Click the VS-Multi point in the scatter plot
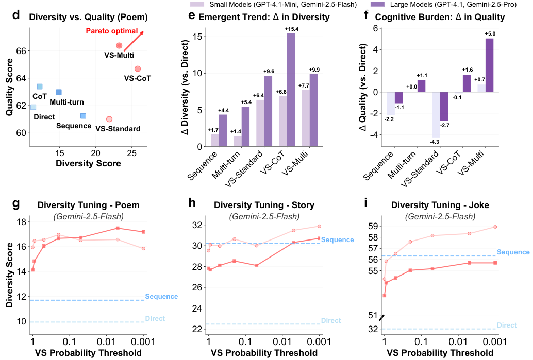point(119,46)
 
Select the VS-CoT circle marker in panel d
point(138,69)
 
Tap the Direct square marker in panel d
point(33,107)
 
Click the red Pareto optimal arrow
point(133,41)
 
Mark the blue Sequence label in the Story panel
point(337,240)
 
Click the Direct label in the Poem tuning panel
point(155,319)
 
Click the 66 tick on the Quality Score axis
point(21,51)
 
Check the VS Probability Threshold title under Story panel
point(263,353)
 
